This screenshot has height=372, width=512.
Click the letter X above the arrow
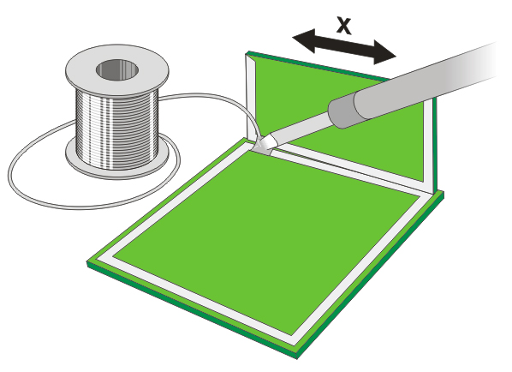[x=344, y=25]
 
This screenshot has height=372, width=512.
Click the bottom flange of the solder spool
[x=120, y=161]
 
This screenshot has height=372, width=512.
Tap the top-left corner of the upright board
[x=248, y=54]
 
